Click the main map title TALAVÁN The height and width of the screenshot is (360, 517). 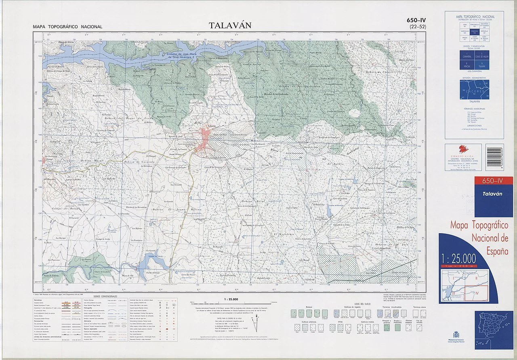coord(230,25)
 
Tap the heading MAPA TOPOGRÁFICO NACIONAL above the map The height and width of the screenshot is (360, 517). coord(68,27)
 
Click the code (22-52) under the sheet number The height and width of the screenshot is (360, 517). coord(418,27)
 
